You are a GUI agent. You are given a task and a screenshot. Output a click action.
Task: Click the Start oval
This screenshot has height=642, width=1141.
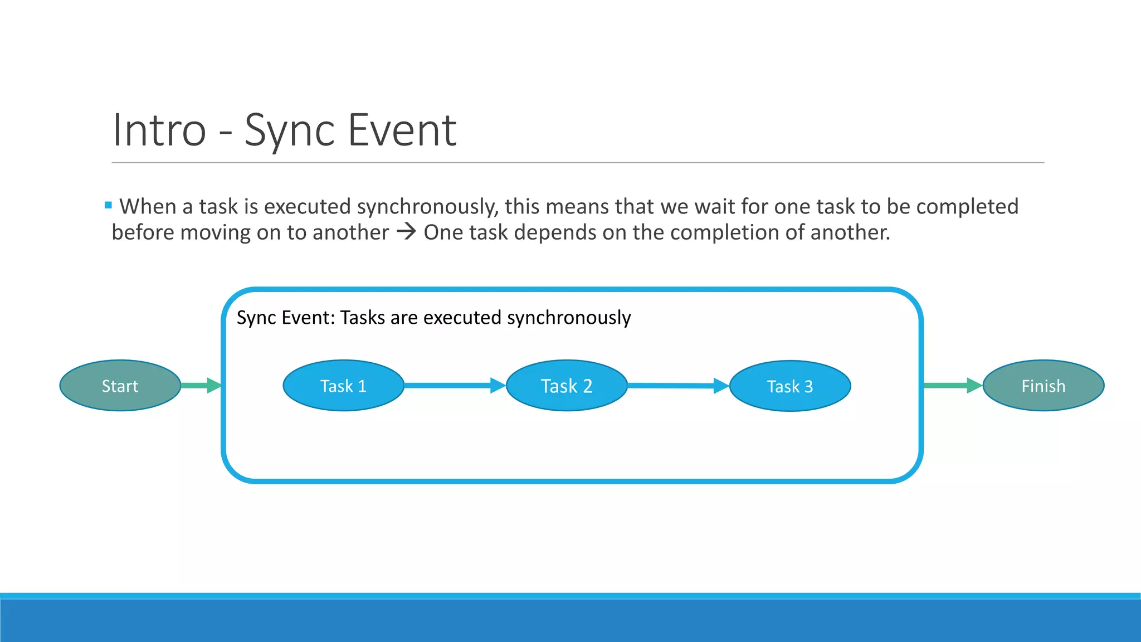pyautogui.click(x=120, y=386)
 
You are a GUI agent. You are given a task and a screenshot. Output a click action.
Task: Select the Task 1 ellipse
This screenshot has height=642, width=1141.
pyautogui.click(x=343, y=386)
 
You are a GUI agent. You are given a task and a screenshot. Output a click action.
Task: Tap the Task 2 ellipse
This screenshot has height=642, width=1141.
pyautogui.click(x=567, y=386)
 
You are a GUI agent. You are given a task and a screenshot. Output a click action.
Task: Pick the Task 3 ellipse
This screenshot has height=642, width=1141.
pyautogui.click(x=790, y=386)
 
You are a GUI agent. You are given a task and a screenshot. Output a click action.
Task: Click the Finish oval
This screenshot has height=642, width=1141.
pyautogui.click(x=1043, y=386)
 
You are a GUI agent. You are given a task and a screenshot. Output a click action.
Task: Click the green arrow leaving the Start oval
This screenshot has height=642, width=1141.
pyautogui.click(x=201, y=385)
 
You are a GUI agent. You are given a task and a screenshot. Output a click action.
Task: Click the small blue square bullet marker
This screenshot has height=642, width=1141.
pyautogui.click(x=108, y=206)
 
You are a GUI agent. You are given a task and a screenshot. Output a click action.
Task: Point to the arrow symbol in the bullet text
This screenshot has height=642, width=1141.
pyautogui.click(x=406, y=231)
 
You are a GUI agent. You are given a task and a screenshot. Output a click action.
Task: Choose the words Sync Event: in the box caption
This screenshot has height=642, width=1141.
pyautogui.click(x=286, y=318)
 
